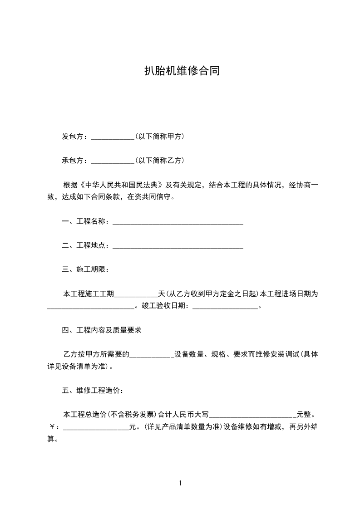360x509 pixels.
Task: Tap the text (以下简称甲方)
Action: (x=159, y=136)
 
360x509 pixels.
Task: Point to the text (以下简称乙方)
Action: (x=159, y=160)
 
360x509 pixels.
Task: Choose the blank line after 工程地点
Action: (x=178, y=246)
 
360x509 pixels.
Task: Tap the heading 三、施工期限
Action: (x=85, y=270)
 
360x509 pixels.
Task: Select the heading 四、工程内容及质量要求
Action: (x=102, y=330)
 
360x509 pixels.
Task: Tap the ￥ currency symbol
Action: (x=52, y=427)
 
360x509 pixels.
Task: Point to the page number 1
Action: (x=180, y=483)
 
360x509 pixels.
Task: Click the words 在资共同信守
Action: (x=150, y=197)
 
